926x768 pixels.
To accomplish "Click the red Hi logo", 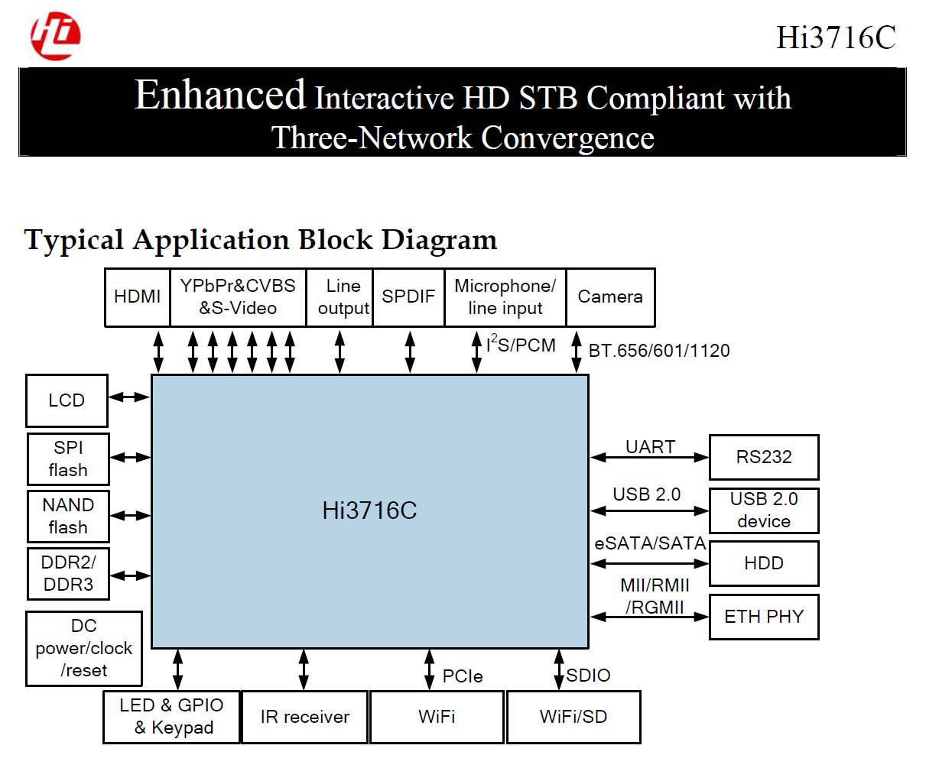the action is [55, 36].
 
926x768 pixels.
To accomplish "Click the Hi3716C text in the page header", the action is [836, 37].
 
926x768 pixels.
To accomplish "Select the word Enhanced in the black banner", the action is [220, 95].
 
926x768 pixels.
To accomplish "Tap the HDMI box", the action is [138, 297].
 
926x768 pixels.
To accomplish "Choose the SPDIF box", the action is [408, 297].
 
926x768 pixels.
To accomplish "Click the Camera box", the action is [611, 297].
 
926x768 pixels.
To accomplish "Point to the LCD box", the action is [67, 400].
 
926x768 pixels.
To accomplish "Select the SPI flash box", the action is [68, 459].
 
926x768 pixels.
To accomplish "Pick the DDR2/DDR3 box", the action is [68, 574].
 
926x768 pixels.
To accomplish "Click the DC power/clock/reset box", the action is [84, 648].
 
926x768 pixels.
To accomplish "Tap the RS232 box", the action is [764, 457].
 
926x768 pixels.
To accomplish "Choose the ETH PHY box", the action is [764, 617].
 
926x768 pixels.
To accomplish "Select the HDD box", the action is [764, 564].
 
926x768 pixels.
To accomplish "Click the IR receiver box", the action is [304, 717].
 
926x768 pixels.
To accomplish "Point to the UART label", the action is [651, 447].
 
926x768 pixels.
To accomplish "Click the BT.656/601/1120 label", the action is [659, 351].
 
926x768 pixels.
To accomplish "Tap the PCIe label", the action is [463, 676].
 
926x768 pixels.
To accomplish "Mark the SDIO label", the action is [589, 676].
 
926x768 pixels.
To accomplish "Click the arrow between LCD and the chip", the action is [129, 397].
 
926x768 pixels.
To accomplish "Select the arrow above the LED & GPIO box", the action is [178, 669].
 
